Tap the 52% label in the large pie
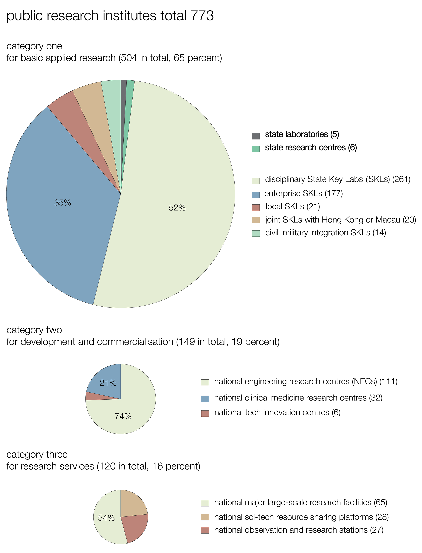point(177,208)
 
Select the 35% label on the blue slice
point(63,203)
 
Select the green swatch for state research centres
point(256,149)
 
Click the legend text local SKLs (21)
point(293,207)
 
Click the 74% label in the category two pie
point(123,416)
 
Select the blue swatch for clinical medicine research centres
point(205,399)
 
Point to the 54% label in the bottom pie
point(106,518)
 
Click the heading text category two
point(34,330)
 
